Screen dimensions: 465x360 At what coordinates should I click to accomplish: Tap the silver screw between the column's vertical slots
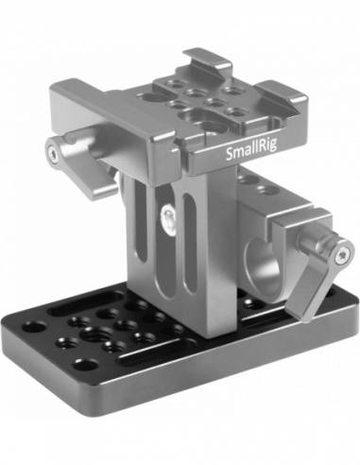(x=168, y=215)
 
